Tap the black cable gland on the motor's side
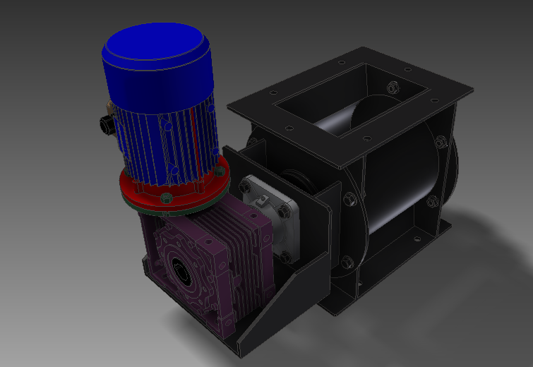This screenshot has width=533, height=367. pyautogui.click(x=107, y=124)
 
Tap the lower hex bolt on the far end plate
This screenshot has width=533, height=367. pyautogui.click(x=432, y=204)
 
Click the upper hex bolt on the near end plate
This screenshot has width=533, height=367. pyautogui.click(x=349, y=199)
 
